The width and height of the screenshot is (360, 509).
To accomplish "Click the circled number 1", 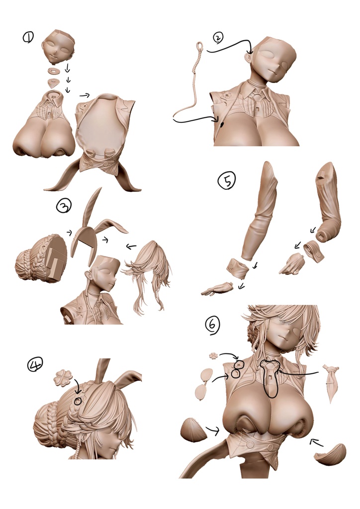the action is pyautogui.click(x=28, y=38).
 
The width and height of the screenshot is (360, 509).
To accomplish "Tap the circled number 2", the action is pyautogui.click(x=218, y=38).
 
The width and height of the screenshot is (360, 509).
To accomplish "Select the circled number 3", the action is pyautogui.click(x=64, y=206).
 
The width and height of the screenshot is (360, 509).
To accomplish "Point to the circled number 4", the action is pyautogui.click(x=35, y=364).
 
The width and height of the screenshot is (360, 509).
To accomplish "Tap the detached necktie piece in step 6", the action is pyautogui.click(x=331, y=383).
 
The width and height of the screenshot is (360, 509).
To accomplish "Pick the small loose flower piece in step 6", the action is pyautogui.click(x=214, y=356).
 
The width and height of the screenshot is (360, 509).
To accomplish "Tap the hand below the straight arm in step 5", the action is pyautogui.click(x=217, y=289).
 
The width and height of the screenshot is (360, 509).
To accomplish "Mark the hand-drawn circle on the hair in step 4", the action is pyautogui.click(x=77, y=401).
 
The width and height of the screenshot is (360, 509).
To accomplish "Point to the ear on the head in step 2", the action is pyautogui.click(x=248, y=59).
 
